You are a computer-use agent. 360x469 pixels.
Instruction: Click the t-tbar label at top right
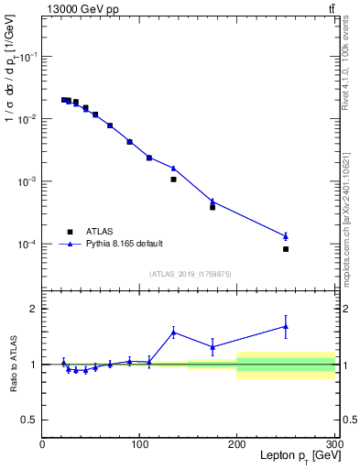[x=331, y=8]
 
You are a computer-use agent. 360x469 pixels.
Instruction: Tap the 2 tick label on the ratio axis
[x=33, y=309]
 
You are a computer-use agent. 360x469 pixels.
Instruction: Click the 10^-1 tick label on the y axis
[x=26, y=57]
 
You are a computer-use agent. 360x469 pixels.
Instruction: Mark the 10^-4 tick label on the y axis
[x=26, y=245]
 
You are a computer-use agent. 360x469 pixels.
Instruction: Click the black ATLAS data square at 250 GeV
[x=286, y=249]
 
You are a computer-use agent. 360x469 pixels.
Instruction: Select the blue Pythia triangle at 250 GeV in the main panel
[x=286, y=236]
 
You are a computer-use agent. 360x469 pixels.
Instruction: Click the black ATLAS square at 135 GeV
[x=173, y=180]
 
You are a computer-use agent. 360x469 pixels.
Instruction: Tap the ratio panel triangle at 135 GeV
[x=173, y=332]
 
